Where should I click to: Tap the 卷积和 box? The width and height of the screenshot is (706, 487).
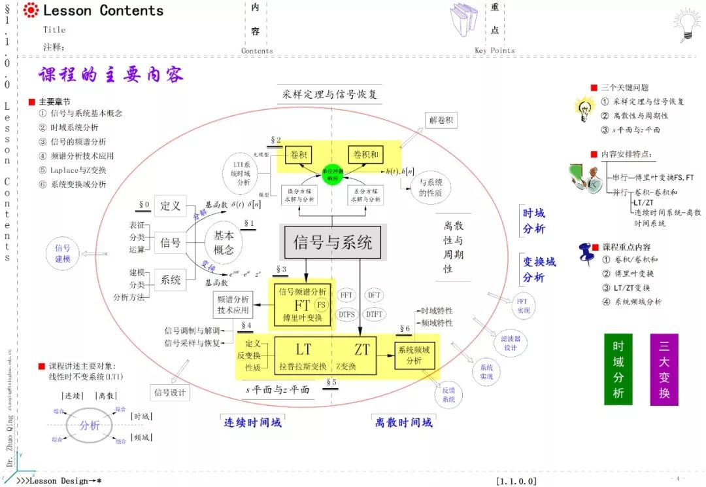click(x=365, y=154)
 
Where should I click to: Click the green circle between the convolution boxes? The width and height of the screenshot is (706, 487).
click(x=332, y=173)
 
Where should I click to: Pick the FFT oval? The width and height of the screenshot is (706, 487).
click(x=346, y=296)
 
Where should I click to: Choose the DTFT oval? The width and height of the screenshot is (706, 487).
click(x=375, y=314)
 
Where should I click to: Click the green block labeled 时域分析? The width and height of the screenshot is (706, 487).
click(x=618, y=369)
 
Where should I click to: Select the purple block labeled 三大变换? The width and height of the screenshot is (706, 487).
click(x=664, y=369)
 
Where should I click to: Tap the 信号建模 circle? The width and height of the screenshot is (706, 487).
click(x=63, y=253)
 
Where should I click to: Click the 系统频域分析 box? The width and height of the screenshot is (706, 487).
click(x=414, y=355)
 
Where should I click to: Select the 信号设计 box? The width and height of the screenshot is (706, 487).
click(x=169, y=393)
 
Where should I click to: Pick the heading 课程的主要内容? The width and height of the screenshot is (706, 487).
click(x=110, y=75)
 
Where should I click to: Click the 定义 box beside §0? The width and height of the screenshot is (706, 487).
click(x=171, y=206)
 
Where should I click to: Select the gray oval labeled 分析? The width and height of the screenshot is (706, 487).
click(x=90, y=425)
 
